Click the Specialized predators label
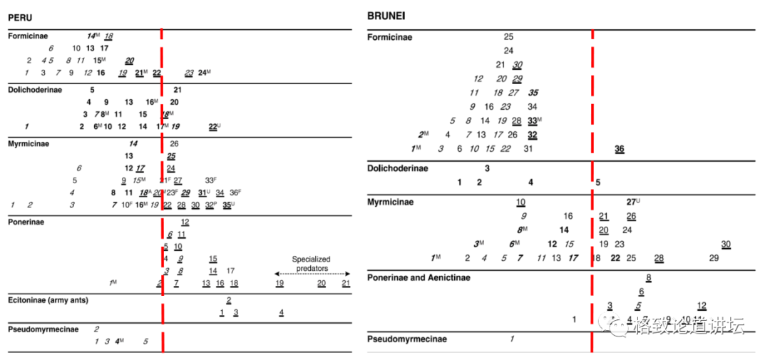(311, 259)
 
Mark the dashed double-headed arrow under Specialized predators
(312, 273)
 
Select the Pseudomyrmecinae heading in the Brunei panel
(407, 339)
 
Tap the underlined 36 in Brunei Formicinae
(620, 148)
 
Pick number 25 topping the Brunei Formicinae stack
(508, 36)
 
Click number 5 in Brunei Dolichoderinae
(597, 182)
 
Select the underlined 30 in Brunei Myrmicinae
(726, 245)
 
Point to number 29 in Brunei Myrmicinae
(714, 258)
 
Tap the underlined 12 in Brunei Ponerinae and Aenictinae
(702, 306)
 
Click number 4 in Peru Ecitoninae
(281, 312)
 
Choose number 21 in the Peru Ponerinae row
(346, 284)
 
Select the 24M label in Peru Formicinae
(205, 73)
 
